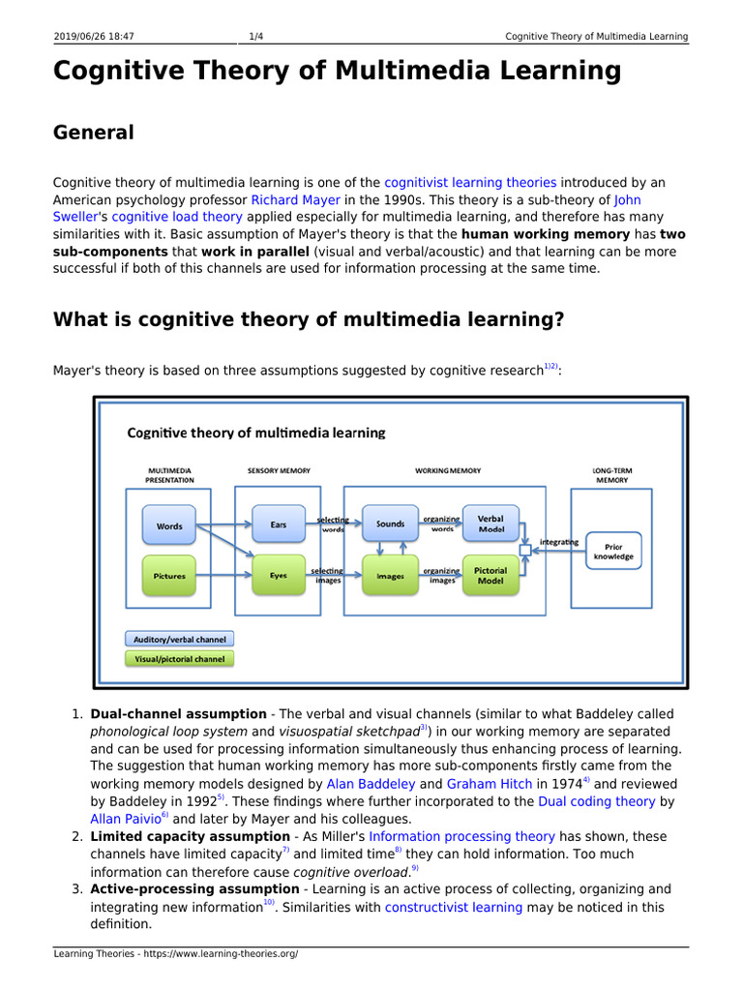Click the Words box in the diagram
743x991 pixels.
point(169,526)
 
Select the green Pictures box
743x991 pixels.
point(169,576)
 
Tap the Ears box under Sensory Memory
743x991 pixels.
point(279,525)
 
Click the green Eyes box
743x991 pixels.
point(279,576)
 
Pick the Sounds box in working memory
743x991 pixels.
point(390,525)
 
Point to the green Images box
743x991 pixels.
point(390,576)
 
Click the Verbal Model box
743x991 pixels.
point(490,524)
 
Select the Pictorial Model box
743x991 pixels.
point(490,575)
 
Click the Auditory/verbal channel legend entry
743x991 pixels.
point(179,639)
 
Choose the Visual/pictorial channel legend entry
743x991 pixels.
point(179,659)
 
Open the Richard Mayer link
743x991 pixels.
point(296,199)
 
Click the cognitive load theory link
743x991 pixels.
point(163,217)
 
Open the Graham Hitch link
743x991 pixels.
point(484,784)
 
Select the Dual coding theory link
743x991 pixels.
point(597,801)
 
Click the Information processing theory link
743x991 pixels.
point(461,836)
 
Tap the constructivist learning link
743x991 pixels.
point(454,907)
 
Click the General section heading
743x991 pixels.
point(94,133)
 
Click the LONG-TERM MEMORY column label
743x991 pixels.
point(611,475)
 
